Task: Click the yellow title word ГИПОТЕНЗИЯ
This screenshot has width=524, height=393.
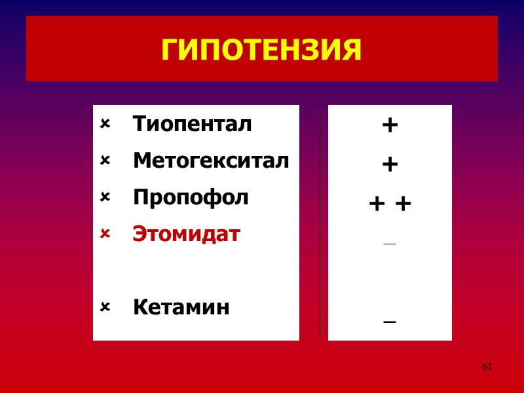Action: coord(261,50)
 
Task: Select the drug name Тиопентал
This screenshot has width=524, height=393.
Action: coord(192,124)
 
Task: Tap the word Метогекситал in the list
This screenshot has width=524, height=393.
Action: coord(210,160)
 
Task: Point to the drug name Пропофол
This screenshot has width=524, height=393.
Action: coord(191,197)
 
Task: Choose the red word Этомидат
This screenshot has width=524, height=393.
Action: coord(187,234)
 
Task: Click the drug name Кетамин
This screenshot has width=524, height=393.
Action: coord(181,307)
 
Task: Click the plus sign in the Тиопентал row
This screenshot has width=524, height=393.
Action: coord(390,125)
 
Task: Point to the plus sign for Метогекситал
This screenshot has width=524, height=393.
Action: coord(390,164)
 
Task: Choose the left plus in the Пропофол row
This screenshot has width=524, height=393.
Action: coord(377,204)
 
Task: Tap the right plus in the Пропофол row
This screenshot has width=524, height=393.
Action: coord(403,204)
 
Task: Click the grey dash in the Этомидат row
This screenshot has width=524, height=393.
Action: coord(390,244)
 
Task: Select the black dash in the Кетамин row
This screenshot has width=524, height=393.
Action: coord(390,322)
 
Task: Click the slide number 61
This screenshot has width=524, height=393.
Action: coord(487,367)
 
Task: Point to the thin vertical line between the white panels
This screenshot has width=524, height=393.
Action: coord(320,226)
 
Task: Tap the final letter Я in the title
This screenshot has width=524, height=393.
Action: coord(350,50)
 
